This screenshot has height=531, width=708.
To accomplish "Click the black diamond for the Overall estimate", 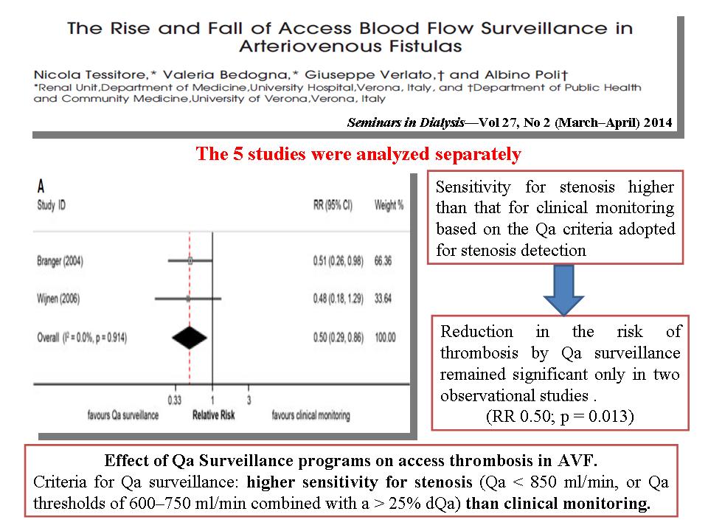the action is pos(190,338).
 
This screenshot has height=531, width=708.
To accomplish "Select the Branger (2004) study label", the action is pos(60,261).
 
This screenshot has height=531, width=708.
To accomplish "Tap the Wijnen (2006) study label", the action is pos(58,299).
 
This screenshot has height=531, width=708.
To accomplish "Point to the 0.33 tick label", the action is pos(174,400).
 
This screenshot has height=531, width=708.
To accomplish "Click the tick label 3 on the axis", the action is pos(249,400).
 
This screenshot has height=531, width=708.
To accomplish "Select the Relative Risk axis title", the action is pos(214,415).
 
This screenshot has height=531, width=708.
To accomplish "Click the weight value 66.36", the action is pos(383,261).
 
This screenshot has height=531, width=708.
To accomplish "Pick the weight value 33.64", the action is pos(383,299).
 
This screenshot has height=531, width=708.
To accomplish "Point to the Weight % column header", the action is pos(389,206).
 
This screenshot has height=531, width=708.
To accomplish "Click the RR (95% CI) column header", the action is pos(333,206).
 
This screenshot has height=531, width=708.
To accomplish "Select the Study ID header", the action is pos(52,206).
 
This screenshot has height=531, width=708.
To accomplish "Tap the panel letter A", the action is pos(41,186).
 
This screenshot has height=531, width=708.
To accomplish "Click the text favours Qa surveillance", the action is pos(123,415).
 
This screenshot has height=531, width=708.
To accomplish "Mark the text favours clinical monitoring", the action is pos(310,415).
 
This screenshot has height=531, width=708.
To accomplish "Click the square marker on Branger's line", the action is pos(190,260).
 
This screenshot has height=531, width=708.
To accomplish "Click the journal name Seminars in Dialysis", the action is pos(406,123).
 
